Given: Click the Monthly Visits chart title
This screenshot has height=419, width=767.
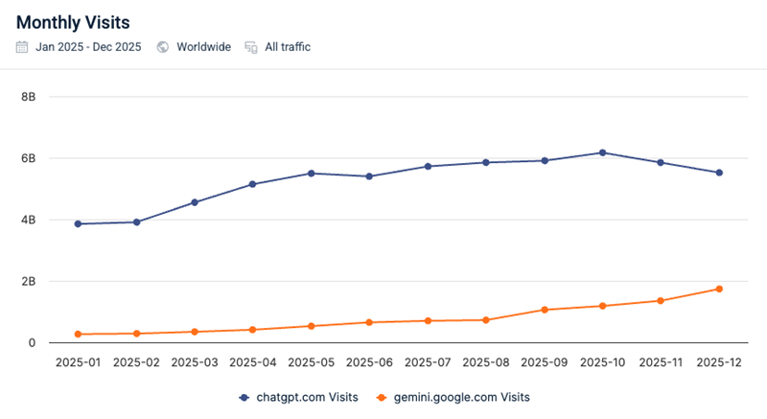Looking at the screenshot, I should pyautogui.click(x=73, y=20).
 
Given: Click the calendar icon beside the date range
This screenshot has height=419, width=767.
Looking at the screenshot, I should pyautogui.click(x=22, y=46).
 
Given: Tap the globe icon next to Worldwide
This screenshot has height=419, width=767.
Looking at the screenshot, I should pyautogui.click(x=163, y=46).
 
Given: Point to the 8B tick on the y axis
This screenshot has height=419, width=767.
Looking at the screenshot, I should pyautogui.click(x=28, y=97).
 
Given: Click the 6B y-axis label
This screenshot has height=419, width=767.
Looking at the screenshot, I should pyautogui.click(x=28, y=158).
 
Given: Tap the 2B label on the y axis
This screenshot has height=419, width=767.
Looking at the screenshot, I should pyautogui.click(x=28, y=281).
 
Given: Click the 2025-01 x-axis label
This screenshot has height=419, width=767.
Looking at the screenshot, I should pyautogui.click(x=78, y=363).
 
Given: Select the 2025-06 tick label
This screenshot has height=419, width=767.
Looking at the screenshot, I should pyautogui.click(x=370, y=363).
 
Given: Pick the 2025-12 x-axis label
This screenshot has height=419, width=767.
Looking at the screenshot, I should pyautogui.click(x=719, y=363).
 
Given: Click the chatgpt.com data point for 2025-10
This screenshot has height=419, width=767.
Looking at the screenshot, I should pyautogui.click(x=602, y=152).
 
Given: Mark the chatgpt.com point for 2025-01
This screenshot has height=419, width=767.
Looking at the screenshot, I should pyautogui.click(x=78, y=223).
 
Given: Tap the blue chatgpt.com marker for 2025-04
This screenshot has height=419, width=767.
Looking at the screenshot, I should pyautogui.click(x=253, y=184).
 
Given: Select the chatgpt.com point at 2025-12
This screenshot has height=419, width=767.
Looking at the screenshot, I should pyautogui.click(x=719, y=173).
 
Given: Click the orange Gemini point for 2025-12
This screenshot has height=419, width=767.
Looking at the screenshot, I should pyautogui.click(x=719, y=289).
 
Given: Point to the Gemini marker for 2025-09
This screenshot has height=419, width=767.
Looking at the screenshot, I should pyautogui.click(x=545, y=310).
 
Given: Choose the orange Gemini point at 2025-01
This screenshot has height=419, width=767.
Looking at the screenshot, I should pyautogui.click(x=78, y=334).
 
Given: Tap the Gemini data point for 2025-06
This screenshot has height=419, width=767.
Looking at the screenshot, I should pyautogui.click(x=370, y=322).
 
